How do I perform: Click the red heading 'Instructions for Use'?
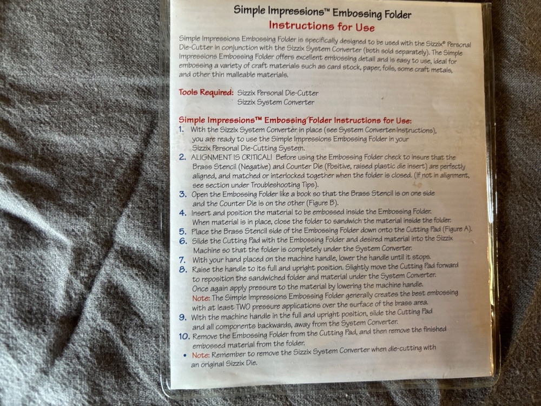[321, 26]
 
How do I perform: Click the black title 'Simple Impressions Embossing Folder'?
[322, 12]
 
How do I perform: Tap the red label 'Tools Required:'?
[206, 92]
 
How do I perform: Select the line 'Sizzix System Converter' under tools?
[275, 102]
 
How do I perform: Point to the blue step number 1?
[181, 129]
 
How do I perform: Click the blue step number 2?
[182, 157]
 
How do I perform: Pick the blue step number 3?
[182, 194]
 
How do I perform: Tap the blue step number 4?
[183, 213]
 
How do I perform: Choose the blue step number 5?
[183, 231]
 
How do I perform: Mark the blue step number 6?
[183, 241]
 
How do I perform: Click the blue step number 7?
[182, 260]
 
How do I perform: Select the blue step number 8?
[183, 269]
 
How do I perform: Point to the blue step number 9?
[182, 317]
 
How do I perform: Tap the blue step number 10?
[184, 336]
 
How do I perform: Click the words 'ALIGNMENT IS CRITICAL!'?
[231, 158]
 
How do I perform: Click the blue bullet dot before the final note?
[185, 355]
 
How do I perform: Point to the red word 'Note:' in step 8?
[201, 298]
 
